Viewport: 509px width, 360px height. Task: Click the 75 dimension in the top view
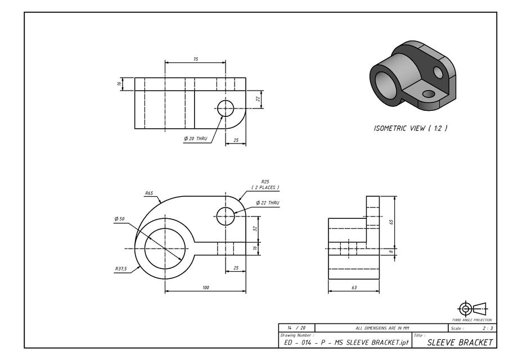click(x=195, y=59)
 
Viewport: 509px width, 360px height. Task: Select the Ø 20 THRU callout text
click(x=196, y=138)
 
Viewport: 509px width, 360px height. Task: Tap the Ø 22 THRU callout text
click(x=267, y=203)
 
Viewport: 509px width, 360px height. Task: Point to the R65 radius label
click(x=149, y=193)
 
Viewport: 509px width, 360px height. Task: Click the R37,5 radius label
click(x=120, y=269)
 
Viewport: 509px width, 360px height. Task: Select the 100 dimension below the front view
click(x=205, y=287)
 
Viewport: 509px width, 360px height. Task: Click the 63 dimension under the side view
click(x=354, y=287)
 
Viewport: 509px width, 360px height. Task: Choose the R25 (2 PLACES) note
click(x=265, y=184)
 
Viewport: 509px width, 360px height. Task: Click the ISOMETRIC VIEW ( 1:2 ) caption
click(x=411, y=128)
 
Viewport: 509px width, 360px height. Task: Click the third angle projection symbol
click(x=471, y=308)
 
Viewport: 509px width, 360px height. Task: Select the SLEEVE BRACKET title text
click(x=460, y=342)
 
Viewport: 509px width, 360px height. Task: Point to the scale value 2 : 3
click(x=487, y=328)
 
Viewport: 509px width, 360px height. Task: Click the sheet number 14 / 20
click(x=296, y=328)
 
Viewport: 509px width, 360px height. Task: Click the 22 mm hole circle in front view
click(x=226, y=215)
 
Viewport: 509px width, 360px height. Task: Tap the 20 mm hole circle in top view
click(x=226, y=109)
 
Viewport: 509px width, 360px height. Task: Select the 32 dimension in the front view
click(x=255, y=228)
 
